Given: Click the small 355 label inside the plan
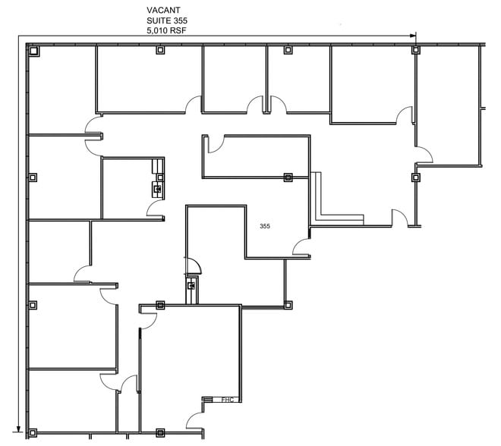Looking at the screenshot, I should click(x=265, y=226).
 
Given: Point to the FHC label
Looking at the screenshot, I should click(x=226, y=399).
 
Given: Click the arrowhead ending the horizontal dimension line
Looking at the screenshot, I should click(x=412, y=36).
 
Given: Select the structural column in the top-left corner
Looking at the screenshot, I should click(x=33, y=51).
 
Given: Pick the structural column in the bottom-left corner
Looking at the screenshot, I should click(x=33, y=433).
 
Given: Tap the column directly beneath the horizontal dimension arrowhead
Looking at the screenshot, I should click(x=415, y=51).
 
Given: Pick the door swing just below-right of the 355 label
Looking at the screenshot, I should click(x=301, y=247).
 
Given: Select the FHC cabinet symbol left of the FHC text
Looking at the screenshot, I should click(x=207, y=399).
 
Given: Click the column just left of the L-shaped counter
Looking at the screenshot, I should click(x=288, y=178).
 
